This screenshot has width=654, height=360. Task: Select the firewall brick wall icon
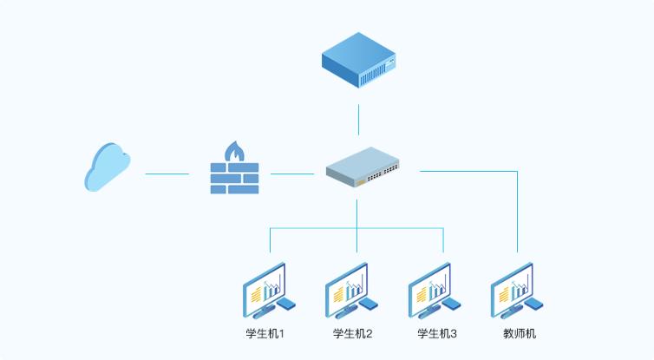coord(234,177)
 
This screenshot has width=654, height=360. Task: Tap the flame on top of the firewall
coord(234,152)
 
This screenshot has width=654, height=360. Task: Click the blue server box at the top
coord(359,60)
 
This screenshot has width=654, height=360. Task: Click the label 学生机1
coord(265,333)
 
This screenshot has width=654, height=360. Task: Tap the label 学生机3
coord(437,333)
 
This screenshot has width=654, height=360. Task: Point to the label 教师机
coord(520,333)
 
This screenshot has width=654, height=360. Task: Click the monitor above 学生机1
coord(264,287)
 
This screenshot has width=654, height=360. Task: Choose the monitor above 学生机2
coord(346,287)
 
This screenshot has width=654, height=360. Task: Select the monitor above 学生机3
coord(429,287)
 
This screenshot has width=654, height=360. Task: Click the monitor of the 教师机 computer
coord(511,287)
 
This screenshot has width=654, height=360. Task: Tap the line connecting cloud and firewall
coord(167,173)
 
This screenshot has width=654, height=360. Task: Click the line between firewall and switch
coord(292,173)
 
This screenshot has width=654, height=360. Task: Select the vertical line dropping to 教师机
coord(518,213)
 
